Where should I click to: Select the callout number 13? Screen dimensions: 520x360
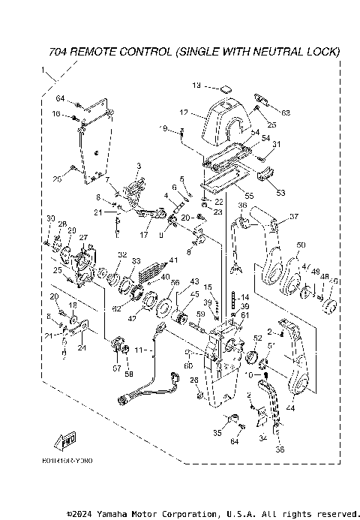[197, 85]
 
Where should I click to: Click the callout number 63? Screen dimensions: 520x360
[286, 113]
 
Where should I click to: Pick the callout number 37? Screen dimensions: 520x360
[293, 217]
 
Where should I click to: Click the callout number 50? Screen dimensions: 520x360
[301, 245]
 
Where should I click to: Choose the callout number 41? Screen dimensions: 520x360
[173, 260]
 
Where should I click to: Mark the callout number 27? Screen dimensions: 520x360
[83, 238]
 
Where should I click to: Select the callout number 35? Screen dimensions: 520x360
[217, 433]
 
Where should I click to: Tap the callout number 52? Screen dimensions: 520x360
[257, 338]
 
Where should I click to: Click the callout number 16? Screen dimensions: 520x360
[56, 113]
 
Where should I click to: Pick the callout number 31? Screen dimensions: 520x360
[276, 145]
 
